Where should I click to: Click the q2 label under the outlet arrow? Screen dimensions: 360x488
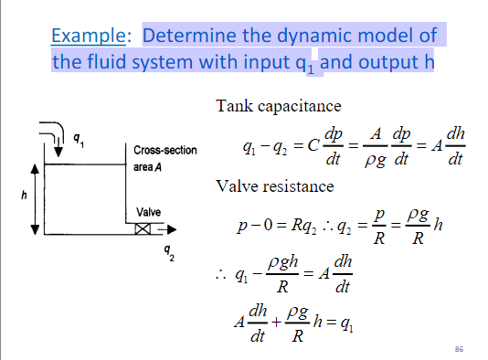pos(166,249)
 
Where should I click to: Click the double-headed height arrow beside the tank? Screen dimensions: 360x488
pos(36,196)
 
